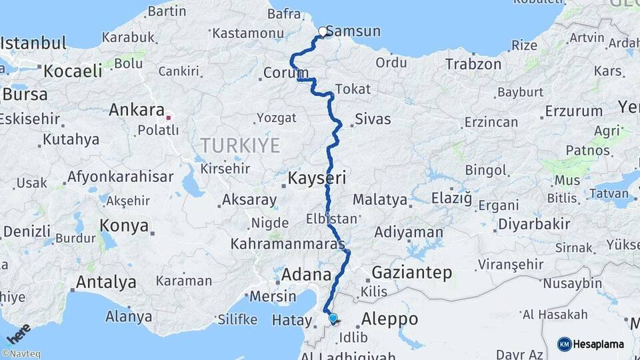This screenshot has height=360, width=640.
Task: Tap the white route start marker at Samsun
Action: click(323, 31)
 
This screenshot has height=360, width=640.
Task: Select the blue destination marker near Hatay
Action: click(333, 319)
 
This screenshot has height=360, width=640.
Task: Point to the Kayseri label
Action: click(317, 178)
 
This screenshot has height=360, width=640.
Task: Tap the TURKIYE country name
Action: click(241, 145)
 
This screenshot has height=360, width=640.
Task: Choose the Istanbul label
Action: click(33, 44)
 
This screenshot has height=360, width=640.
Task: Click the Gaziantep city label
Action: click(412, 273)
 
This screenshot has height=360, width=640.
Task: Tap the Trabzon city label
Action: click(473, 65)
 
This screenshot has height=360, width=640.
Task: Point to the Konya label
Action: click(124, 225)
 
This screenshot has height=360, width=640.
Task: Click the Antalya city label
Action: click(106, 282)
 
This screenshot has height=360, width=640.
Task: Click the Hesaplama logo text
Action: click(600, 344)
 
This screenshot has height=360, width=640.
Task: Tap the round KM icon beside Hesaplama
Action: click(564, 344)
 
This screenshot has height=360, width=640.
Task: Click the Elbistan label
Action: click(331, 219)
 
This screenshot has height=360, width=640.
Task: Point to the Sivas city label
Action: click(372, 120)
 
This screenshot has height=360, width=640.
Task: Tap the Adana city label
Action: click(307, 274)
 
